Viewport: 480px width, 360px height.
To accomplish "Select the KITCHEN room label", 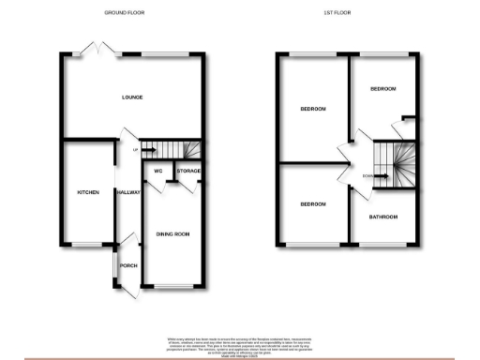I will (87, 192).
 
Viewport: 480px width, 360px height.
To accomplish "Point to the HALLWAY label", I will (127, 192).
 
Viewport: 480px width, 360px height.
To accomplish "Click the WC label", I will (157, 172).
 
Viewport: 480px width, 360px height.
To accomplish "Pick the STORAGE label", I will (188, 172).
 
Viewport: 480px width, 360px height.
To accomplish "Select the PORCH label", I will (128, 265).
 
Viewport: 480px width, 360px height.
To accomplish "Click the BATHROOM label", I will (382, 217).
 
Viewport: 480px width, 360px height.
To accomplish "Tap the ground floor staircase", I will (173, 150).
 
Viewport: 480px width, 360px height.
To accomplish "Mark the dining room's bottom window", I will (172, 285).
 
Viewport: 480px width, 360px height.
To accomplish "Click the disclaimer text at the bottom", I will (240, 344).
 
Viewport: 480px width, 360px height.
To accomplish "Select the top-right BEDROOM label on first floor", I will (383, 89).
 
